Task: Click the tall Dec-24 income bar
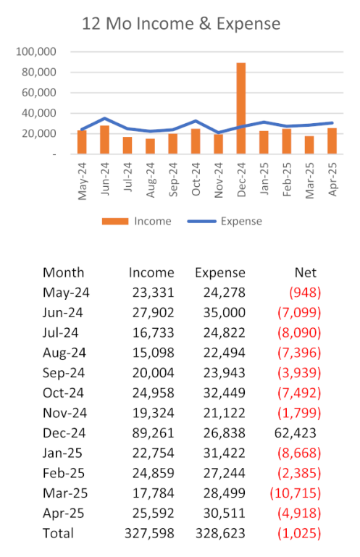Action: (241, 109)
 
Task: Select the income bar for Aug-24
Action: (150, 146)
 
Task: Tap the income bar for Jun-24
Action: (104, 140)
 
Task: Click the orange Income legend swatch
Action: (115, 222)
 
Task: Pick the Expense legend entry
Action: (225, 222)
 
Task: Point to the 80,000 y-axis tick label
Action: (38, 72)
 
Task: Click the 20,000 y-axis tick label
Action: (38, 133)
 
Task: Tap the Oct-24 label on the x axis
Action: (196, 180)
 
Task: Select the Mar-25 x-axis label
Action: (309, 180)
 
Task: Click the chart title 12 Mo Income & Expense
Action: (181, 24)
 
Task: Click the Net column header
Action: (305, 272)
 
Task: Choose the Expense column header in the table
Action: (220, 273)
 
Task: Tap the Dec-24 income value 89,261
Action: (153, 433)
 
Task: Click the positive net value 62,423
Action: (296, 433)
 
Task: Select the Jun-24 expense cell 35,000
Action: (225, 313)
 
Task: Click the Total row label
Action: (58, 533)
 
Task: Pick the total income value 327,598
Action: (150, 533)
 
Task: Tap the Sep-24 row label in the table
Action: (64, 373)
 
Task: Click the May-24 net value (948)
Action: (305, 293)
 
